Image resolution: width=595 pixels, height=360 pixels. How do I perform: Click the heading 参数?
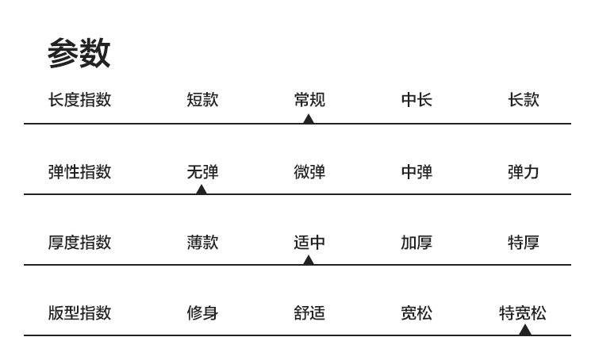coord(79,54)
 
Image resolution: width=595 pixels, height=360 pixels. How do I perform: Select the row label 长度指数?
coord(79,100)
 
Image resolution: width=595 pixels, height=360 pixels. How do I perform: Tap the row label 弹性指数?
coord(79,171)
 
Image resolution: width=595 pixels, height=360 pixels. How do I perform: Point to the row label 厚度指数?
coord(79,242)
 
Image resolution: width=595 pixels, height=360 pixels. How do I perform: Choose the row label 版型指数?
coord(79,312)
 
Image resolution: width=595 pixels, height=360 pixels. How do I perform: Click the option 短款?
coord(202,100)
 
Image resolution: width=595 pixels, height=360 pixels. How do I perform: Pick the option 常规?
coord(309,100)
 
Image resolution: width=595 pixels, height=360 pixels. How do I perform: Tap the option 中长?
coord(416,100)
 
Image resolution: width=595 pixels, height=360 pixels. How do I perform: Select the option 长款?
coord(523,100)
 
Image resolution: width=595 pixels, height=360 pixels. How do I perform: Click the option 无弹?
coord(202,171)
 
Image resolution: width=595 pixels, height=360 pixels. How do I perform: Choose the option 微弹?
coord(309,171)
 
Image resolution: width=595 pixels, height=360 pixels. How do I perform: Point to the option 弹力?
coord(523,171)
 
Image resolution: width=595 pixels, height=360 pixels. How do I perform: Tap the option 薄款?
coord(202,242)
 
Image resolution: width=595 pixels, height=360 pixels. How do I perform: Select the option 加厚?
coord(416,242)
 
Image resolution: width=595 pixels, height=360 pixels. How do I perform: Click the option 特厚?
coord(523,242)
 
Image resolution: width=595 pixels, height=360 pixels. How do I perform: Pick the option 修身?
coord(202,312)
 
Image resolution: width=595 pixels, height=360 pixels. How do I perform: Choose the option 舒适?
coord(309,312)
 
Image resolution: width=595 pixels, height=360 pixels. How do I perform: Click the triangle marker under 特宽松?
coord(524,330)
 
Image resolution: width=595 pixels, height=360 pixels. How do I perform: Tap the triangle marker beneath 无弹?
coord(202,190)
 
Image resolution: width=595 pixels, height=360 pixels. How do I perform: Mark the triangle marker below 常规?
coord(309,119)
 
